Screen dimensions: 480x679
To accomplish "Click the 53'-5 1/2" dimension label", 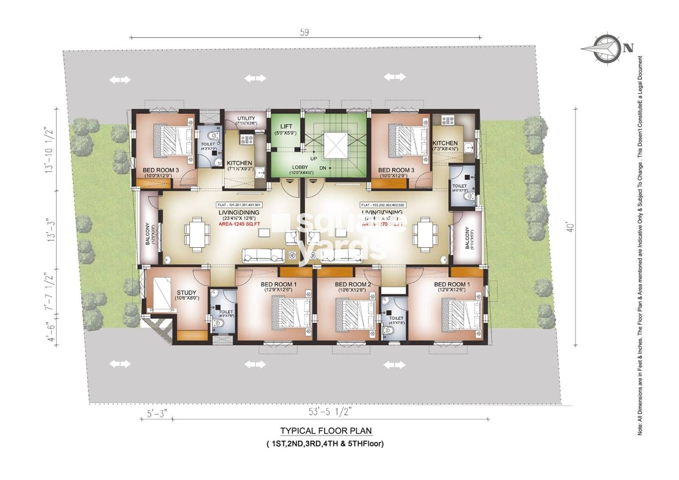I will [330, 412].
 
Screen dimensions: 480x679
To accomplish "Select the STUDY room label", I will [187, 292].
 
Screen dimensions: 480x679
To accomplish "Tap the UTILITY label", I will [246, 118].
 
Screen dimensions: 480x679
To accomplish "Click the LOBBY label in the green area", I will [300, 167].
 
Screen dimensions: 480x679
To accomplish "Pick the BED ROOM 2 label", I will [353, 284].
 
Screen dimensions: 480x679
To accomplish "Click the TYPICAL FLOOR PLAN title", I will [326, 431].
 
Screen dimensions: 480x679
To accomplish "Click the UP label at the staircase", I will [314, 158].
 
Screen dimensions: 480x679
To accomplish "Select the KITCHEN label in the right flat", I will [445, 143].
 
